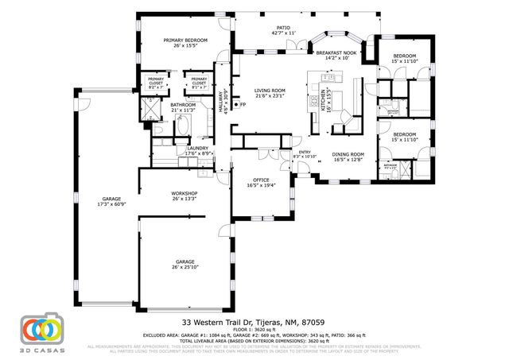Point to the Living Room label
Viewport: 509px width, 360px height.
point(270,94)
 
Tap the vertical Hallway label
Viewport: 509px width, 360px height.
point(223,104)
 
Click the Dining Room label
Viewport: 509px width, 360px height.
point(348,157)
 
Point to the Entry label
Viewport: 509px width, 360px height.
point(304,154)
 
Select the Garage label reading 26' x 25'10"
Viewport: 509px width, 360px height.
point(185,264)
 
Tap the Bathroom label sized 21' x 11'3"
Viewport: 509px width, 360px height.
point(182,107)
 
